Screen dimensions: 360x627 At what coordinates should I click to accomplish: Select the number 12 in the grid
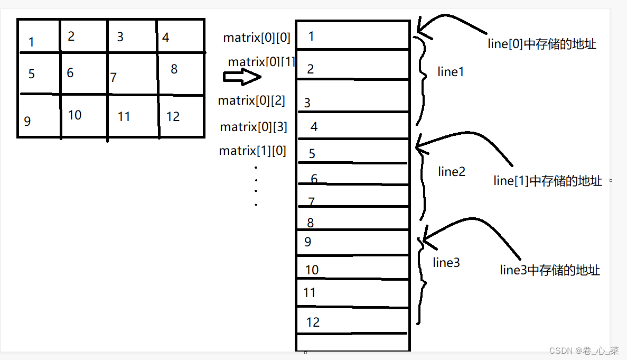click(x=173, y=117)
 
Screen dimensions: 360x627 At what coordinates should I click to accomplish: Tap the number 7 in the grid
click(x=114, y=78)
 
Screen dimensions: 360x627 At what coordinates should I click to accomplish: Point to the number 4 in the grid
click(x=166, y=38)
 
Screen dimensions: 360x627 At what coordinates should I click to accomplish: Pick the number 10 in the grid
click(x=74, y=115)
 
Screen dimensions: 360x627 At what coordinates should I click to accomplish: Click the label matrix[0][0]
click(x=257, y=38)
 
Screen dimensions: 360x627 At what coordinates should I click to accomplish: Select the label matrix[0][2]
click(x=251, y=100)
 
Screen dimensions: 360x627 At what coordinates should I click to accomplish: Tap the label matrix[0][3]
click(x=254, y=127)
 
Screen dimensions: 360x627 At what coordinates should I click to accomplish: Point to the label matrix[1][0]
click(x=252, y=151)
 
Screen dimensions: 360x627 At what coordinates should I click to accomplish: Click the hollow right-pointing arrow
click(x=242, y=77)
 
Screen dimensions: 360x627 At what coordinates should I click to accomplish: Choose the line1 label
click(x=451, y=72)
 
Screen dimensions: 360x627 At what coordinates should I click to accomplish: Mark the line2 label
click(x=452, y=171)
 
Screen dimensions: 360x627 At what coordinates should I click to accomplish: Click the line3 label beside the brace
click(x=446, y=263)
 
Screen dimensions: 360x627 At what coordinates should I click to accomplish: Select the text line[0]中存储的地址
click(x=542, y=44)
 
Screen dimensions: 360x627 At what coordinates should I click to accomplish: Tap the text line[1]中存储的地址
click(x=548, y=181)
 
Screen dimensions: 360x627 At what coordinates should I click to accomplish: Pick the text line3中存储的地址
click(x=550, y=270)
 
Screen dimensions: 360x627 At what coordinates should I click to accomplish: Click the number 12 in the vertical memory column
click(x=313, y=322)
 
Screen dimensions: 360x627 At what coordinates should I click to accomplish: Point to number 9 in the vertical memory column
click(x=308, y=242)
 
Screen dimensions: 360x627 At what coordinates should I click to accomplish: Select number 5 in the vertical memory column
click(x=312, y=154)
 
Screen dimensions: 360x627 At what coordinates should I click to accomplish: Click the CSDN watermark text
click(x=584, y=350)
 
